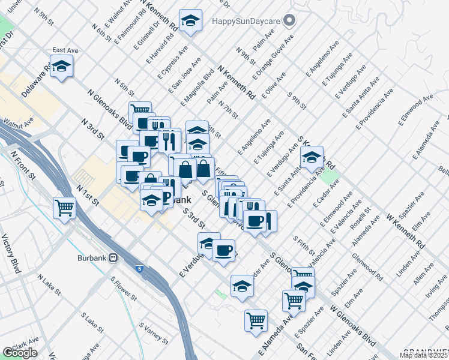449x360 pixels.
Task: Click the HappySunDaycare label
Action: click(x=246, y=20)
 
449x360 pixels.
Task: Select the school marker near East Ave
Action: click(x=61, y=66)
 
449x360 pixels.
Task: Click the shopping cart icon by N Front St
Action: click(x=64, y=208)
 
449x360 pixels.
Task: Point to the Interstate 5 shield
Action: click(x=139, y=269)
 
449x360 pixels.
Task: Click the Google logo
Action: click(x=19, y=353)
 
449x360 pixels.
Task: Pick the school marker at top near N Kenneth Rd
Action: click(x=190, y=22)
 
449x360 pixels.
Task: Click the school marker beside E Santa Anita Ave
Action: click(x=312, y=157)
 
